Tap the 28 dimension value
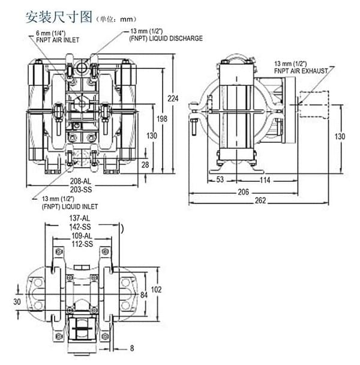click(x=145, y=164)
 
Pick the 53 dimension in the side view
click(x=220, y=179)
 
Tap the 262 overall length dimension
click(x=260, y=201)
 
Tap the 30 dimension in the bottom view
click(x=17, y=301)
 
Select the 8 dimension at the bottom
click(x=132, y=348)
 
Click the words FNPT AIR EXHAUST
click(x=302, y=70)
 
